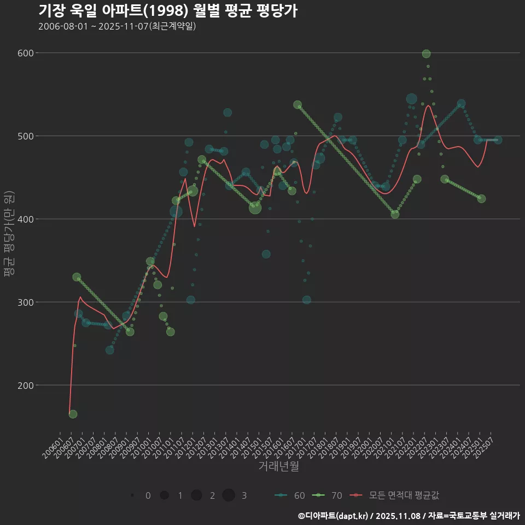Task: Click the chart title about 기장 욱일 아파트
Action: tap(168, 11)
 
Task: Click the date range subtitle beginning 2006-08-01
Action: tap(117, 26)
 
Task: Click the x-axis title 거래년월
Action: tap(278, 466)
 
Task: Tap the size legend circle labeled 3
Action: tap(229, 495)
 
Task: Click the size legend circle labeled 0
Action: tap(133, 495)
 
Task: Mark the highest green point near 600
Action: tap(426, 54)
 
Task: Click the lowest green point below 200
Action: tap(73, 414)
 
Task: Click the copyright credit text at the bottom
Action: tap(409, 516)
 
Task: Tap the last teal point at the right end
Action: tap(498, 140)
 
